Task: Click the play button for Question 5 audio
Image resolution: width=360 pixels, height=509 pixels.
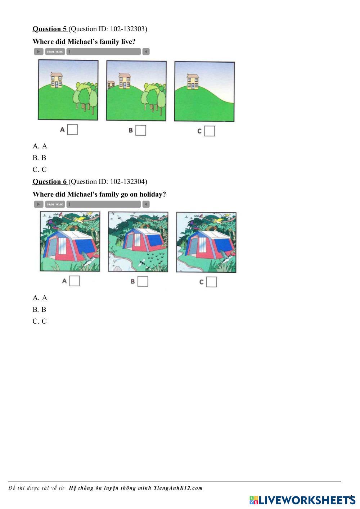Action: coord(39,51)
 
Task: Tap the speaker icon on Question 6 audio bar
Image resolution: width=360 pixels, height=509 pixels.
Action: coord(146,204)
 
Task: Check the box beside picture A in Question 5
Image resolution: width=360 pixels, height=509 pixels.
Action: coord(73,129)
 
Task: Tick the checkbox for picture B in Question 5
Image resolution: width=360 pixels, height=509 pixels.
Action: coord(141,130)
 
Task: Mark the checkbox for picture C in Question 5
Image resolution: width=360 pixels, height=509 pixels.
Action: coord(210,131)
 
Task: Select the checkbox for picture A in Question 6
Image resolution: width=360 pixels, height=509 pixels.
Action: coord(75,281)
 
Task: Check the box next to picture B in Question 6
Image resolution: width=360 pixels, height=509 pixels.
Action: coord(143,281)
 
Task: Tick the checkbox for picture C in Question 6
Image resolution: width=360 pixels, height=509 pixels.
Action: coord(211,282)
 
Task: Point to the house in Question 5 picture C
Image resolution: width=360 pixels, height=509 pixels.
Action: coord(193,81)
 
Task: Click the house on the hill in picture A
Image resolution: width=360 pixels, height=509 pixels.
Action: coord(57,80)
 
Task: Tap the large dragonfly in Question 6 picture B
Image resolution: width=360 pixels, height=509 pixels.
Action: coord(142,263)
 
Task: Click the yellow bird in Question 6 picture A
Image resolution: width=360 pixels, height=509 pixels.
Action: coord(81,219)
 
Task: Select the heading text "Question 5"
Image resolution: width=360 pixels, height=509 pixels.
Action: coord(50,29)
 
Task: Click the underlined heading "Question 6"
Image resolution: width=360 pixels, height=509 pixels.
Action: coord(50,182)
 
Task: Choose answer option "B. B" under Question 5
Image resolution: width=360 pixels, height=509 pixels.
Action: coord(39,158)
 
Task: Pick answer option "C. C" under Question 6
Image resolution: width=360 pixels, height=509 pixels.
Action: coord(40,321)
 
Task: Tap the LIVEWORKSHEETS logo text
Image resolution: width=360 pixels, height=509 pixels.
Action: coord(307,500)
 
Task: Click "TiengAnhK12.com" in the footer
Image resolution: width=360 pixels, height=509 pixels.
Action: coord(178,488)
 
